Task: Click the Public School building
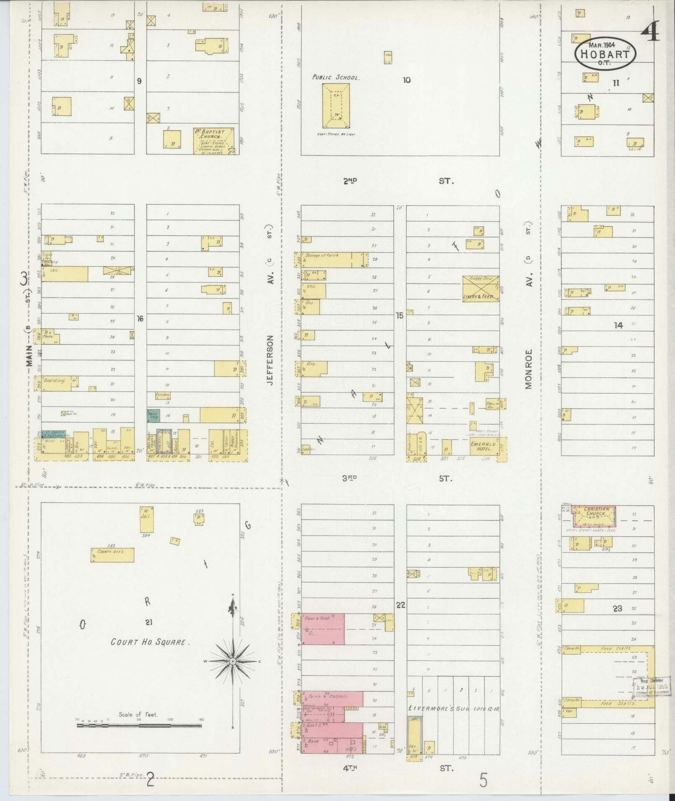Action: [336, 106]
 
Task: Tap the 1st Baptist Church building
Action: [213, 142]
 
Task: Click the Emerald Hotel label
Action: [483, 447]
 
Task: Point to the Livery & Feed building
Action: [480, 289]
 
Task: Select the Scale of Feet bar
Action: [139, 725]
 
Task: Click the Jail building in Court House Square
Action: [146, 519]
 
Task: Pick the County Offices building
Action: [113, 555]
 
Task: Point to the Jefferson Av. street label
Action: [270, 360]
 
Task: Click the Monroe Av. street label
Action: [529, 368]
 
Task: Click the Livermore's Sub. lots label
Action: [454, 708]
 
